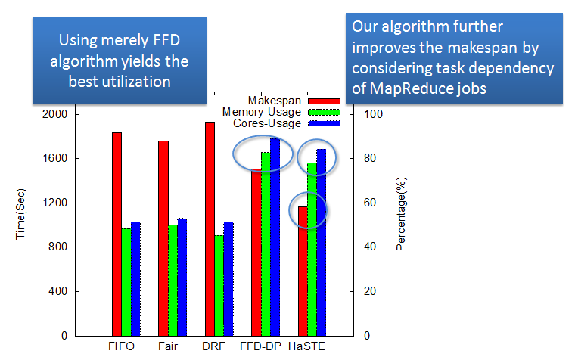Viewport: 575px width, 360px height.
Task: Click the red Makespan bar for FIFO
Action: point(117,234)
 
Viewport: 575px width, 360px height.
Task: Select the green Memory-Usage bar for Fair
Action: point(172,281)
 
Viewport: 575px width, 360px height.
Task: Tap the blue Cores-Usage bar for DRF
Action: point(228,279)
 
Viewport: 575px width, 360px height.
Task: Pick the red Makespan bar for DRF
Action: point(210,229)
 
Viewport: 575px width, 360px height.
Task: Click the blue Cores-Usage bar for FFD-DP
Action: point(275,237)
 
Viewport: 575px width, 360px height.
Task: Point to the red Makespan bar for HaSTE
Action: point(303,272)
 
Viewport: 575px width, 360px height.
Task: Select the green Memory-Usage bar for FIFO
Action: point(126,282)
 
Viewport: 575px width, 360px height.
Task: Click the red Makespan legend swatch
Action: point(324,101)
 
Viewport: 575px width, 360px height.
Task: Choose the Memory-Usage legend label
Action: point(262,112)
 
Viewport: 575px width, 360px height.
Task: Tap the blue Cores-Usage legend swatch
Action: point(324,123)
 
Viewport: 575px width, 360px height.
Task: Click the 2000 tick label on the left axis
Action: point(55,114)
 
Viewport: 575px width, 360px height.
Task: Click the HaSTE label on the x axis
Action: point(306,346)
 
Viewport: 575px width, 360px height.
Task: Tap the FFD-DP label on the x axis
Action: point(260,346)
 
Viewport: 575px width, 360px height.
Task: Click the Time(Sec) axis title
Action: point(20,214)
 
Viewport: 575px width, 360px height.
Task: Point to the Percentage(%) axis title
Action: point(401,214)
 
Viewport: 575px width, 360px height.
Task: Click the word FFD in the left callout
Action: point(166,40)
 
